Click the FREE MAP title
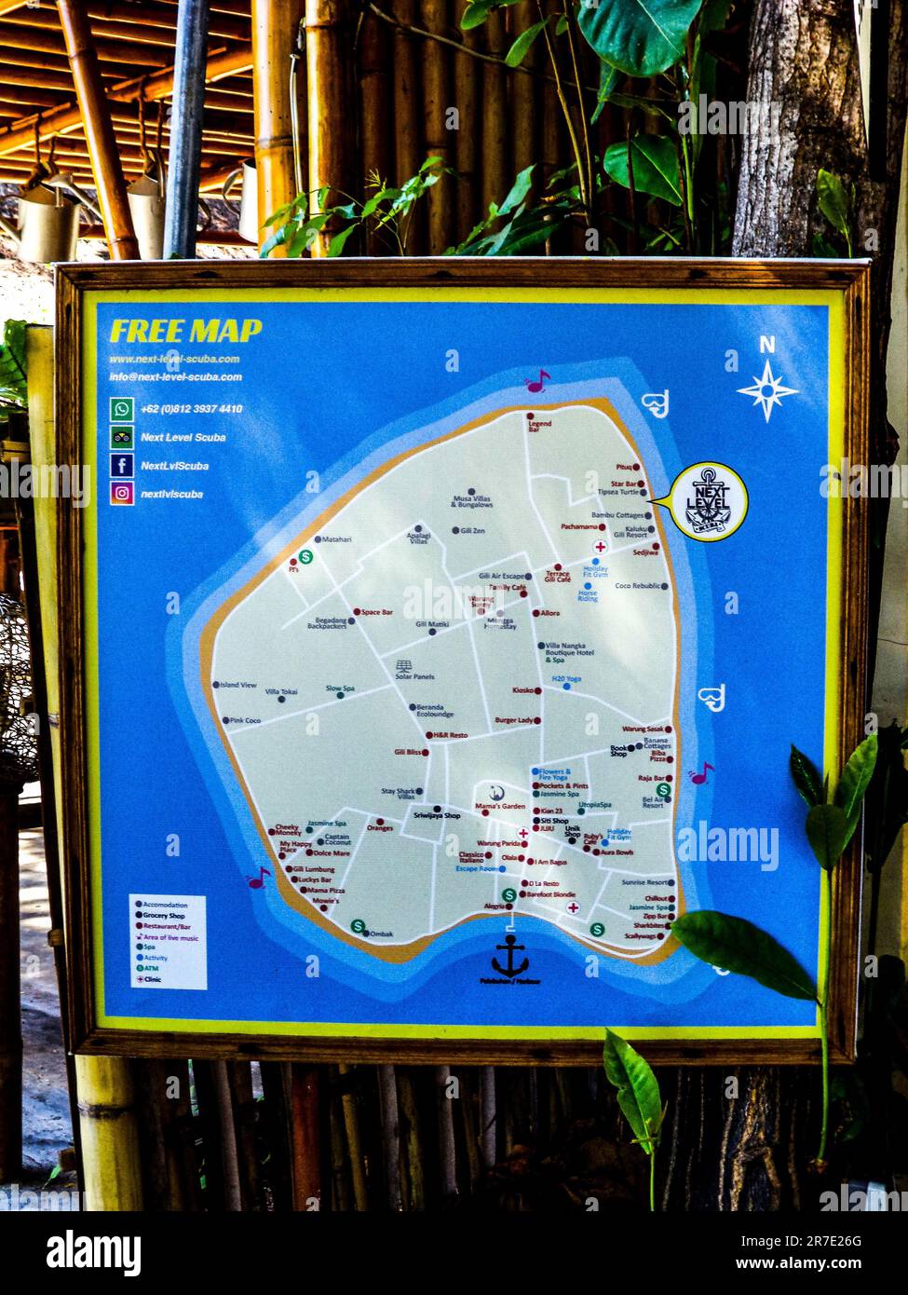click(185, 331)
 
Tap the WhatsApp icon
click(122, 408)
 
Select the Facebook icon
click(122, 465)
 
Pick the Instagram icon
click(122, 493)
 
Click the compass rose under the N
click(767, 389)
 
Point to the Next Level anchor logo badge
click(709, 501)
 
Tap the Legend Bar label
click(540, 427)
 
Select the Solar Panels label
click(414, 676)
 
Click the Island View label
click(237, 685)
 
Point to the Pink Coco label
click(245, 721)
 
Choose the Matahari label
click(336, 539)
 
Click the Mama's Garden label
click(500, 806)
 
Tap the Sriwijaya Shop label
click(437, 815)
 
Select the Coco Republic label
click(637, 586)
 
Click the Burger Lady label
click(513, 720)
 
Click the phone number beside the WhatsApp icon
click(191, 409)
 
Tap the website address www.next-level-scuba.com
click(174, 359)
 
